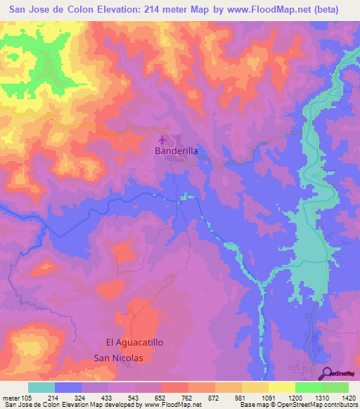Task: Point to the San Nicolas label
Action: [118, 358]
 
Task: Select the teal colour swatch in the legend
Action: [41, 387]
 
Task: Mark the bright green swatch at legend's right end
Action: [335, 387]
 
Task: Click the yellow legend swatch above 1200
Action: [282, 387]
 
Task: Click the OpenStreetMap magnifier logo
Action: [328, 373]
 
